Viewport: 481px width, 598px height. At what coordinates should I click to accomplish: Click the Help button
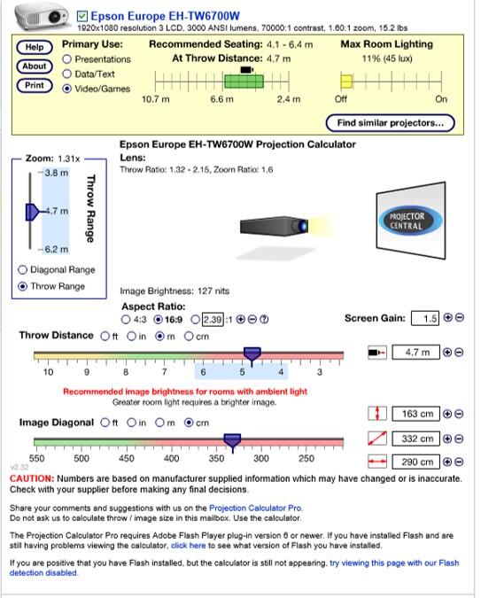point(35,47)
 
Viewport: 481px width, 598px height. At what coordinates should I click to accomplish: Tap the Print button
point(35,85)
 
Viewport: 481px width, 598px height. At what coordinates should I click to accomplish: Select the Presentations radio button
point(67,59)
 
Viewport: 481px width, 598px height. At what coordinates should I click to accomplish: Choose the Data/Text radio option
point(67,74)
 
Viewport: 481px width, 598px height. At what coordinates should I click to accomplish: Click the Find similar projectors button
point(391,123)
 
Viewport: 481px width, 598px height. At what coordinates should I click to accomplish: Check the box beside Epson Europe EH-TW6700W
point(81,17)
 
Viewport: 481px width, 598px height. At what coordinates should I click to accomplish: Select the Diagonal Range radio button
point(22,270)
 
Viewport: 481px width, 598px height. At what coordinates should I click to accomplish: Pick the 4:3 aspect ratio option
point(126,320)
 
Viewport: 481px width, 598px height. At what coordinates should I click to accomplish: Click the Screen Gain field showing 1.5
point(425,318)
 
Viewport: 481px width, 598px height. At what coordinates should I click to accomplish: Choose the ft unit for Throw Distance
point(105,337)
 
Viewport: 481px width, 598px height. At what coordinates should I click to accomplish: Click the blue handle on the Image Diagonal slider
point(232,442)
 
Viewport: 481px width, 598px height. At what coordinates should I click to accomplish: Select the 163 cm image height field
point(415,415)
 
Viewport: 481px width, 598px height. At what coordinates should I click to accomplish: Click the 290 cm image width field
point(415,462)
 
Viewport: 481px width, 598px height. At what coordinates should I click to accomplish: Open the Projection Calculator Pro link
point(256,508)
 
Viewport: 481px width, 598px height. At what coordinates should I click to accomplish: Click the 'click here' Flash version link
point(189,546)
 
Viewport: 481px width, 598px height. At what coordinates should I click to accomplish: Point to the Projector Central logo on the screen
point(411,221)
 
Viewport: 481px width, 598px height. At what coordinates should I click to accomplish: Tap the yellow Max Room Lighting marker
point(346,82)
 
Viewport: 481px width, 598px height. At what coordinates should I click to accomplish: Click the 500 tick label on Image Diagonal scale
point(81,458)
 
